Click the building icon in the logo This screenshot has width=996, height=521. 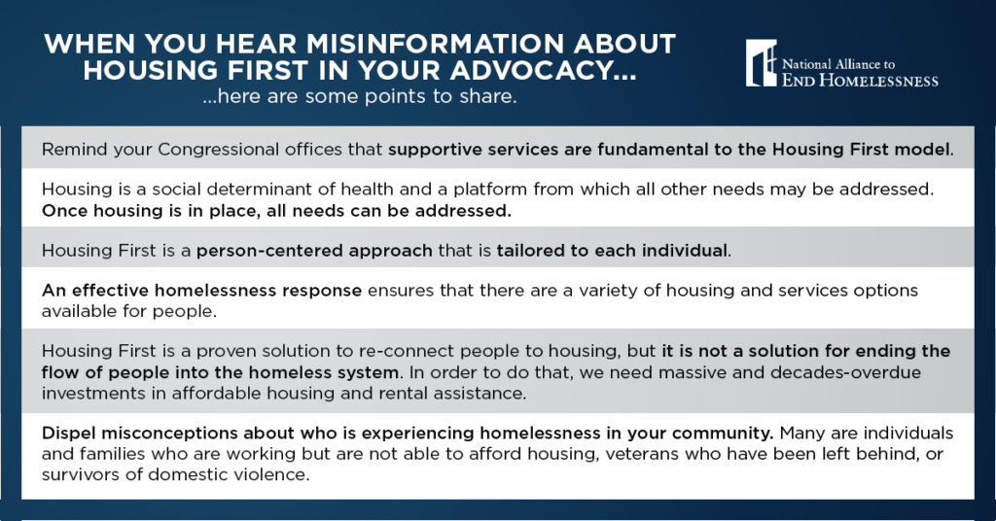[x=762, y=63]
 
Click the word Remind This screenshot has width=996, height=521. [x=70, y=151]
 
